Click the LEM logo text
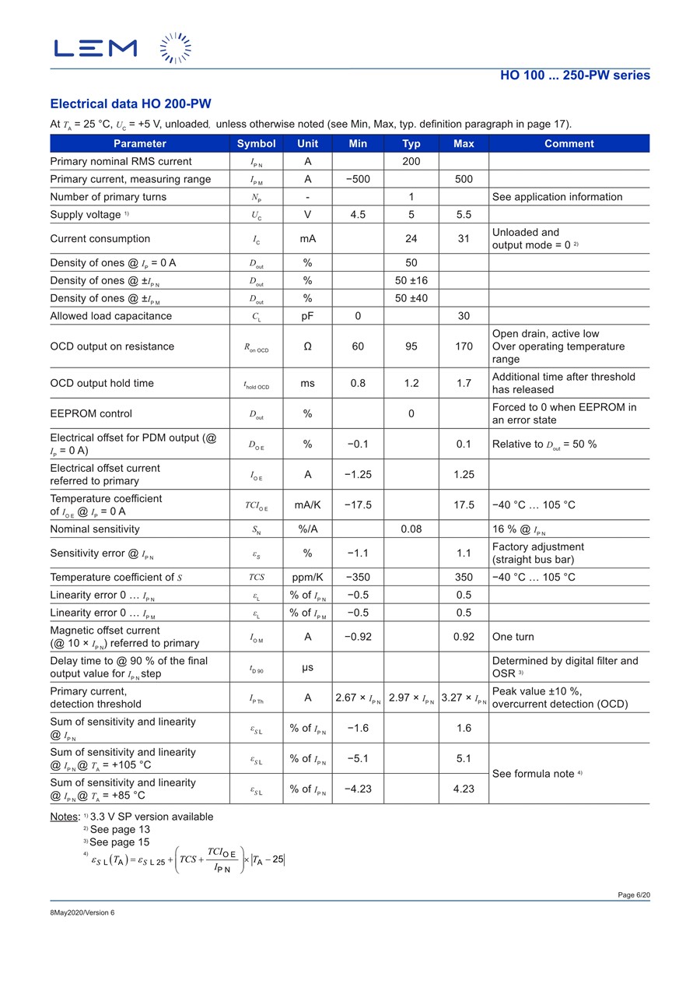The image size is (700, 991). point(95,48)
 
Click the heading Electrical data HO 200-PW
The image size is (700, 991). point(130,104)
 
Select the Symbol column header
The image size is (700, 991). point(256,143)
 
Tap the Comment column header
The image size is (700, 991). point(569,143)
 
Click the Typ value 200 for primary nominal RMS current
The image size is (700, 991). point(411,161)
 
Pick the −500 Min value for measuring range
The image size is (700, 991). point(358,179)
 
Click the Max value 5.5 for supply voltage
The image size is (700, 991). point(464,214)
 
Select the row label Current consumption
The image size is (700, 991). point(100,238)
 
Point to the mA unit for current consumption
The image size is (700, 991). point(307,238)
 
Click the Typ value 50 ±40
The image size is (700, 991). point(411,298)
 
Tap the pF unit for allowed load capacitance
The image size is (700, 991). point(307,316)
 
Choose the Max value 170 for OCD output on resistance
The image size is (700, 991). point(464,346)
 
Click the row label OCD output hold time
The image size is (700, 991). point(102,383)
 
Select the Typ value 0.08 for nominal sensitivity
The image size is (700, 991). point(411,529)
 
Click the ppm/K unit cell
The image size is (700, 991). point(307,577)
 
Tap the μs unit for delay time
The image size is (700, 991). point(307,667)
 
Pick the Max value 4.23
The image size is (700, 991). point(464,789)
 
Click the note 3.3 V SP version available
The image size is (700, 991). point(151,817)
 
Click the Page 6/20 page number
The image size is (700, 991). point(634,895)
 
